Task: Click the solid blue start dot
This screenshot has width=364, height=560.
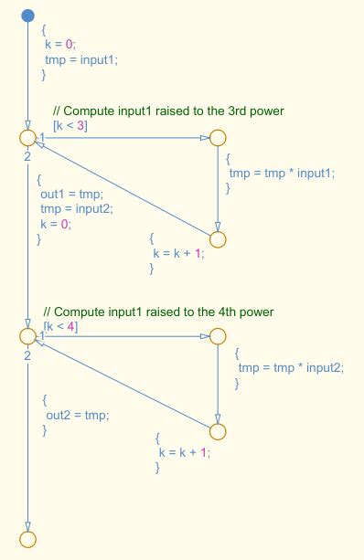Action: pyautogui.click(x=27, y=15)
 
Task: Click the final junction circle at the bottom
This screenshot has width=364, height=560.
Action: pyautogui.click(x=27, y=539)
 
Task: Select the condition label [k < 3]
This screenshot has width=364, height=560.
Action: pyautogui.click(x=70, y=125)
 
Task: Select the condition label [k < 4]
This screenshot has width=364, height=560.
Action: pyautogui.click(x=60, y=326)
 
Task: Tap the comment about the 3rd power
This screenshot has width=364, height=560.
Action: pyautogui.click(x=168, y=111)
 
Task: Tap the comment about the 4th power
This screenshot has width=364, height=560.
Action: pyautogui.click(x=158, y=312)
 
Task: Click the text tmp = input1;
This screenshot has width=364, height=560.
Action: pyautogui.click(x=81, y=58)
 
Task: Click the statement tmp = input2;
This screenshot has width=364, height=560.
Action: pyautogui.click(x=70, y=208)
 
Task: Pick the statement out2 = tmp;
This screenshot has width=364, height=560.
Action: pyautogui.click(x=77, y=416)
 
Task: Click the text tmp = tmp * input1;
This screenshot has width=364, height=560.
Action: pyautogui.click(x=282, y=174)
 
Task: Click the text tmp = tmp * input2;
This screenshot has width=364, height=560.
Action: pyautogui.click(x=291, y=368)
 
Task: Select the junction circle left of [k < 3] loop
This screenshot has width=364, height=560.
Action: pyautogui.click(x=27, y=138)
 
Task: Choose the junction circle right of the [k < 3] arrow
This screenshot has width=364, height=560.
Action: pyautogui.click(x=217, y=138)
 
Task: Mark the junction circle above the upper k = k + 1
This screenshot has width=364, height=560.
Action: pyautogui.click(x=217, y=239)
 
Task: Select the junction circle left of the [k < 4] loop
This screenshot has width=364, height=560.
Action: pyautogui.click(x=27, y=336)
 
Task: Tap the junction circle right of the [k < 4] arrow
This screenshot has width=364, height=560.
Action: pyautogui.click(x=217, y=336)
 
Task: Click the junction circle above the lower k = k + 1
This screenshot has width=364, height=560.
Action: pyautogui.click(x=217, y=431)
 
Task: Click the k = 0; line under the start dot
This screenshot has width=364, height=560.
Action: pyautogui.click(x=62, y=43)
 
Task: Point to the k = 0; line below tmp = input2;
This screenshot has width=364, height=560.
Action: pyautogui.click(x=56, y=224)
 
